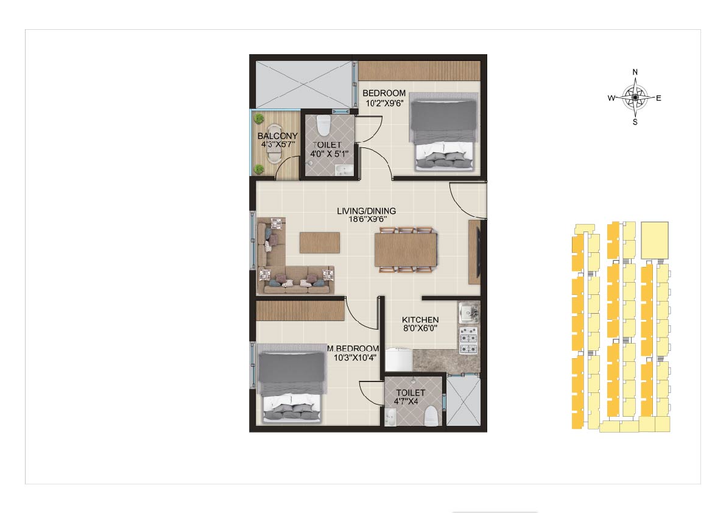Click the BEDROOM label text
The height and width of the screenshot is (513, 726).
tap(384, 93)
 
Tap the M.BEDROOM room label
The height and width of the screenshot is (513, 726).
tap(353, 348)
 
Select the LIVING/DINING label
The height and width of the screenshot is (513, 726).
tap(366, 211)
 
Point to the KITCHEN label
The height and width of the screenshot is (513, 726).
tap(420, 319)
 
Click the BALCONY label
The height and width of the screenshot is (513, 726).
tap(277, 136)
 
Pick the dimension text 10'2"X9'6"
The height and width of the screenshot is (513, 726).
tap(384, 103)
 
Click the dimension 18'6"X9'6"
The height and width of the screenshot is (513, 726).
tap(368, 219)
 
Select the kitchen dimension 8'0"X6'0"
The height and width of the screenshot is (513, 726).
tap(420, 328)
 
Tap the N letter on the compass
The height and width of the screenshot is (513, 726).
tap(635, 73)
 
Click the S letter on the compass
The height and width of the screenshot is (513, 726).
tap(635, 122)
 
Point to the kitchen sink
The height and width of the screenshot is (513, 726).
tap(469, 313)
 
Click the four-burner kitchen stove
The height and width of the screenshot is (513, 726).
tap(468, 341)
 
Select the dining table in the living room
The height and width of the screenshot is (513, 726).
tap(406, 250)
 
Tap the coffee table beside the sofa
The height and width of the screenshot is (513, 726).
tap(320, 242)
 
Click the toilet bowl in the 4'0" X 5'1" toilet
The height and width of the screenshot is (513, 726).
tap(323, 126)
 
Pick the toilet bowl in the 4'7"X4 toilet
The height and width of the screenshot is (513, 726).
tap(431, 416)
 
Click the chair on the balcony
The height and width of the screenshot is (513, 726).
tap(274, 144)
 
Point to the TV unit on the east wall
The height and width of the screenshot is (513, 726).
tap(474, 252)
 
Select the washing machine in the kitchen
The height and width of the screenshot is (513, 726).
tap(399, 359)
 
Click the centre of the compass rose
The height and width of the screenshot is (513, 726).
tap(635, 97)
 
